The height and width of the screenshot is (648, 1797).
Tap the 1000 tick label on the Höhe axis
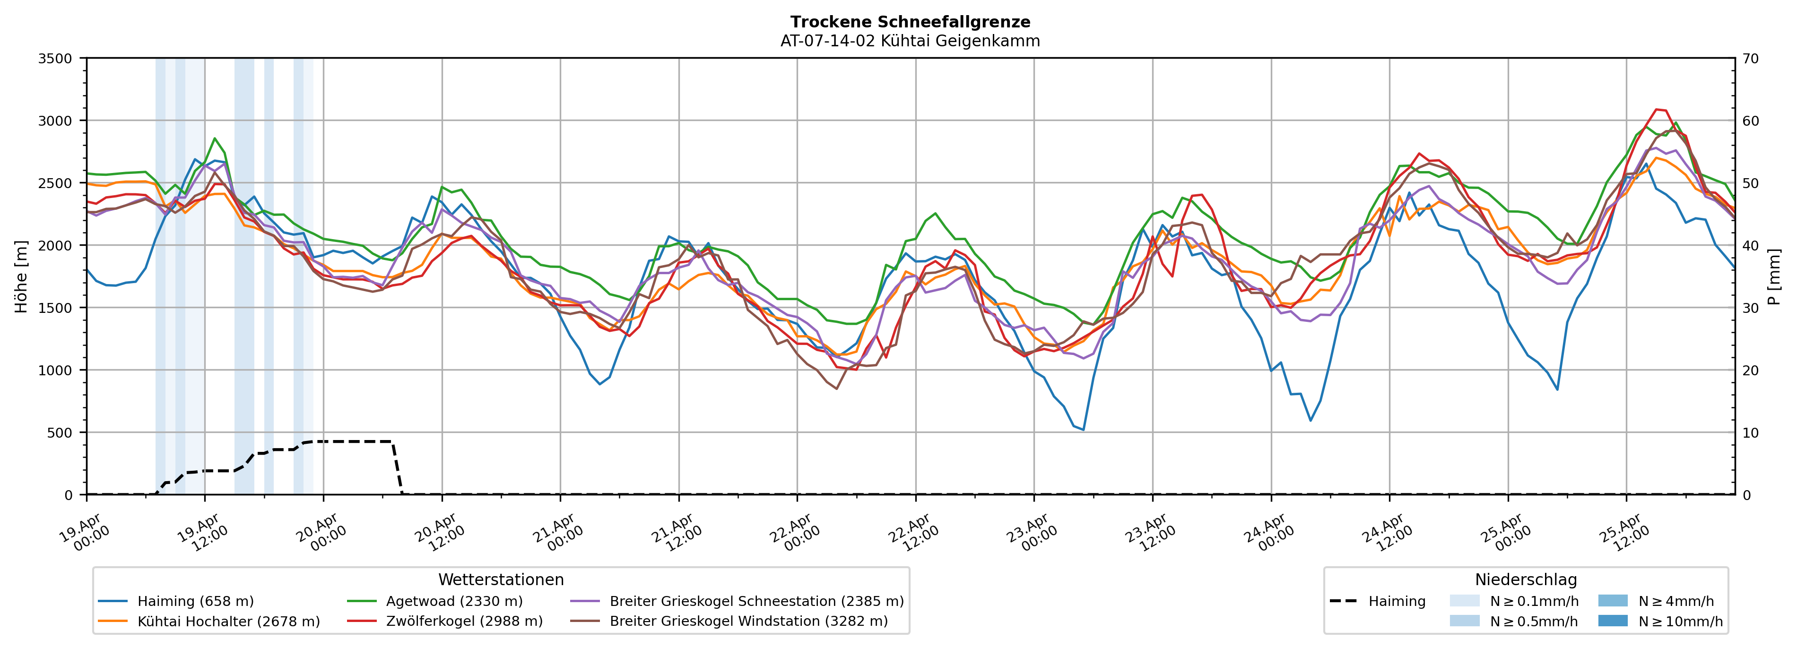coord(55,371)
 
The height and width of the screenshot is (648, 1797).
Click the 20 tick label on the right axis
coord(1750,371)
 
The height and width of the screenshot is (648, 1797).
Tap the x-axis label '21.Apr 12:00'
coord(675,534)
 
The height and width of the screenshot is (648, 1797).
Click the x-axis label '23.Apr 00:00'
coord(1031,534)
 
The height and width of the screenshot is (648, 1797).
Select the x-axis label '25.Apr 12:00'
coord(1623,534)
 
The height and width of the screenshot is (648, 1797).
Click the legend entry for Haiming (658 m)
coord(195,601)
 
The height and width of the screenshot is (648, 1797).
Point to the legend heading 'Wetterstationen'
coord(501,579)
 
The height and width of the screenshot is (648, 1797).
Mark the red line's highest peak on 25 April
coord(1656,110)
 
